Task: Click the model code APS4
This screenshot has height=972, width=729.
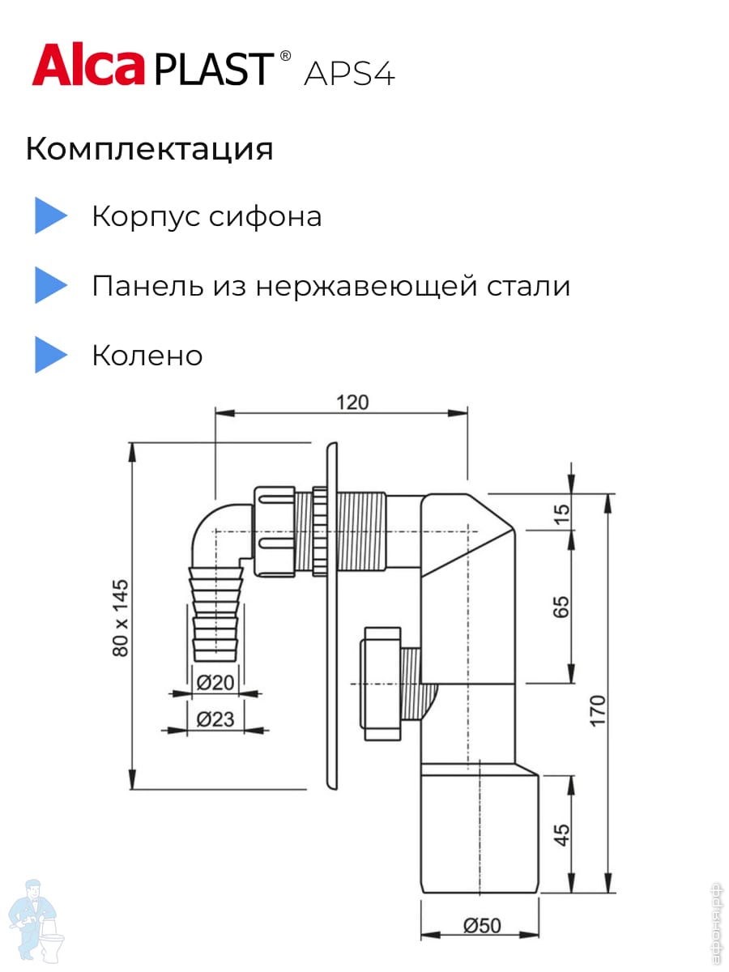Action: tap(349, 74)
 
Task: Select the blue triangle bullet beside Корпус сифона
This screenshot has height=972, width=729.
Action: tap(50, 216)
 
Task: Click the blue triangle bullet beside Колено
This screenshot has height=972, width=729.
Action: tap(50, 355)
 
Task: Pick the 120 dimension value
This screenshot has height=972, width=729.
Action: tap(352, 402)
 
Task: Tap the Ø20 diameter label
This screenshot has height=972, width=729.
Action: tap(215, 683)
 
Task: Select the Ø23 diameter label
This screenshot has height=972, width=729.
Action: tap(215, 718)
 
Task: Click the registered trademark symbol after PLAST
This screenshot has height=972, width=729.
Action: tap(284, 56)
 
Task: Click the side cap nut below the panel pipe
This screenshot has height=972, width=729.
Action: tap(382, 683)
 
